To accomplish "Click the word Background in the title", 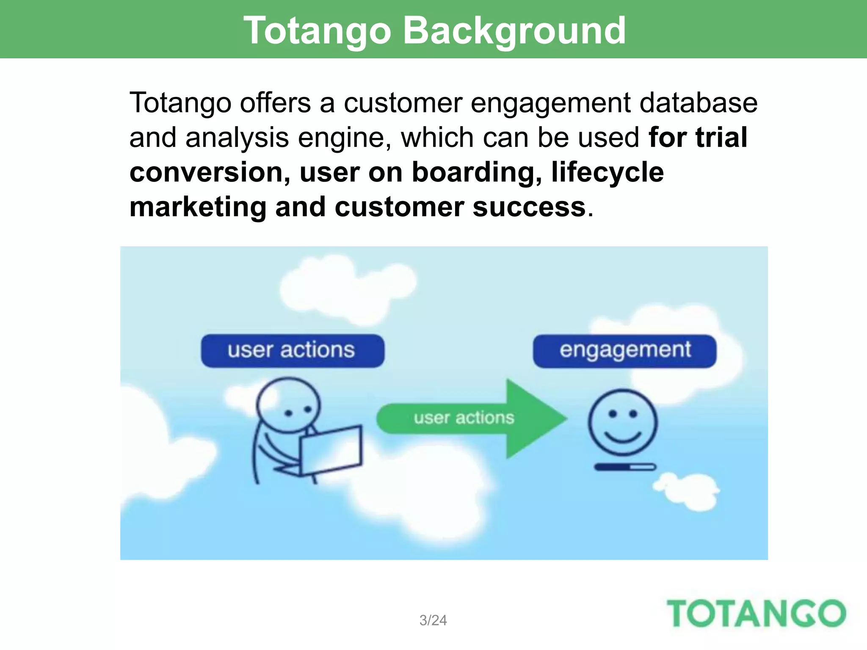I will coord(514,30).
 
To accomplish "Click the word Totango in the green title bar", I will coord(317,30).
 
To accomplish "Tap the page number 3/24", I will coord(433,620).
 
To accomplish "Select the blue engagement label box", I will coord(624,351).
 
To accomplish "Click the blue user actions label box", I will coord(292,351).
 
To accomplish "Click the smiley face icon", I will coord(622,422).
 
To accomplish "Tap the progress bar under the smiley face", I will coord(625,467).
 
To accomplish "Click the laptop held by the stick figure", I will coord(331,450).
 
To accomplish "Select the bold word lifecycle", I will coord(607,172).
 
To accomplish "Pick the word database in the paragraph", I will coord(698,103).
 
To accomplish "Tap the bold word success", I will coord(529,207).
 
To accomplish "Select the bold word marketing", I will coord(198,207).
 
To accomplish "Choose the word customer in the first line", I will coord(402,103).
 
